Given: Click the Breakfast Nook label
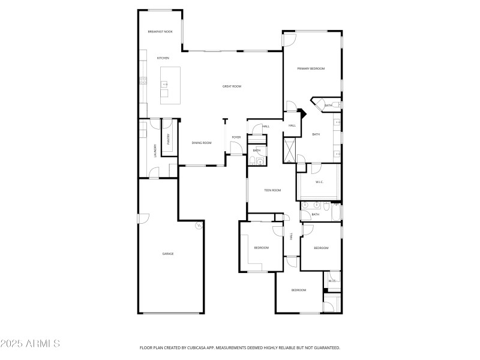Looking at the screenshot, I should pos(160,31).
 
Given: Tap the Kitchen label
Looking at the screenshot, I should pos(163,58).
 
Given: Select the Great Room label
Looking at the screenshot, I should pos(232,86).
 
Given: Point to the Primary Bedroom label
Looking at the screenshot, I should pos(311,69).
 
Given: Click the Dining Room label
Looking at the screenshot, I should pos(202,143).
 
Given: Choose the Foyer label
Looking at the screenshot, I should pos(236,137).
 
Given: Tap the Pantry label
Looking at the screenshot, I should pos(169,139).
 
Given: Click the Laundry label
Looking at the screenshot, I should pos(155,149).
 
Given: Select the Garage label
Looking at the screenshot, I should pos(168,254).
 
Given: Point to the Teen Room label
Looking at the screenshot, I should pos(272,190).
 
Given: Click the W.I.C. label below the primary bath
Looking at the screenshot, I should pos(320,182).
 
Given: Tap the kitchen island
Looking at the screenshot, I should pos(171,85).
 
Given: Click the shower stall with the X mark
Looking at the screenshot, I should pos(290,150).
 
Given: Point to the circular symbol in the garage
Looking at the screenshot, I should pos(198,226).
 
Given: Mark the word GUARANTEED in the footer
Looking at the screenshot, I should pos(325,347).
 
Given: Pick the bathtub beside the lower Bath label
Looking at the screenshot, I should pos(336,213).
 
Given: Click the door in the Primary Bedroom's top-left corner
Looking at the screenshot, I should pos(289,40).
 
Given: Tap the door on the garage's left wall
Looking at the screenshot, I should pos(142,218).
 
